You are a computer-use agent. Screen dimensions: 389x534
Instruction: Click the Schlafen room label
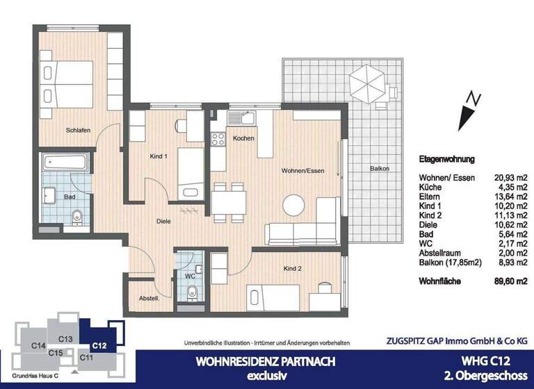tap(79, 130)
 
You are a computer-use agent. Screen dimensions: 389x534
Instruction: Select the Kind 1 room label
tap(160, 157)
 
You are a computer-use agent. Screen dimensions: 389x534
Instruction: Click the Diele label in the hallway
tap(163, 222)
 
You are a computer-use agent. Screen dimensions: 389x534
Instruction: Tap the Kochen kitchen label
tap(244, 138)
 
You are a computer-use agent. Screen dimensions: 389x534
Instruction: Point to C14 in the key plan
tap(39, 345)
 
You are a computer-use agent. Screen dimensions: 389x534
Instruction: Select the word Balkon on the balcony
tap(379, 169)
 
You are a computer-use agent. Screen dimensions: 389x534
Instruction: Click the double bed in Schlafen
tap(61, 81)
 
